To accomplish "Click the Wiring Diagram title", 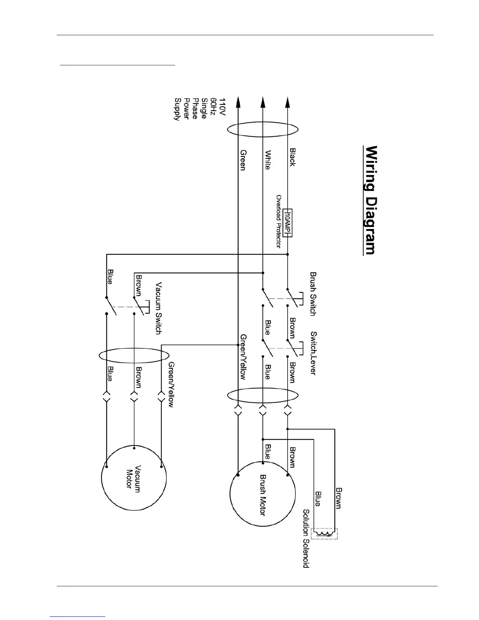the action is pyautogui.click(x=371, y=200).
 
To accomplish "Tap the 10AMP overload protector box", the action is pyautogui.click(x=288, y=223).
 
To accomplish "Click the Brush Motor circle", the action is pyautogui.click(x=263, y=494).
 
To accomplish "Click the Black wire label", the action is pyautogui.click(x=292, y=157).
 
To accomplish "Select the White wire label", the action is pyautogui.click(x=267, y=160).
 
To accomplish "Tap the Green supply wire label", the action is pyautogui.click(x=243, y=160).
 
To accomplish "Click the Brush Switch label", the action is pyautogui.click(x=313, y=294).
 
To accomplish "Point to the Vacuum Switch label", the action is pyautogui.click(x=158, y=308).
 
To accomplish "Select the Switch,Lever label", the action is pyautogui.click(x=313, y=353).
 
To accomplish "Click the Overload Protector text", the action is pyautogui.click(x=279, y=222).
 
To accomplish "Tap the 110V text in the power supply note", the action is pyautogui.click(x=222, y=107).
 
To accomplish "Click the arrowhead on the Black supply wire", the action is pyautogui.click(x=288, y=103).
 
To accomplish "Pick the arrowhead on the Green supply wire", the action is pyautogui.click(x=238, y=103).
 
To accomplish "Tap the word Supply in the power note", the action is pyautogui.click(x=177, y=109).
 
